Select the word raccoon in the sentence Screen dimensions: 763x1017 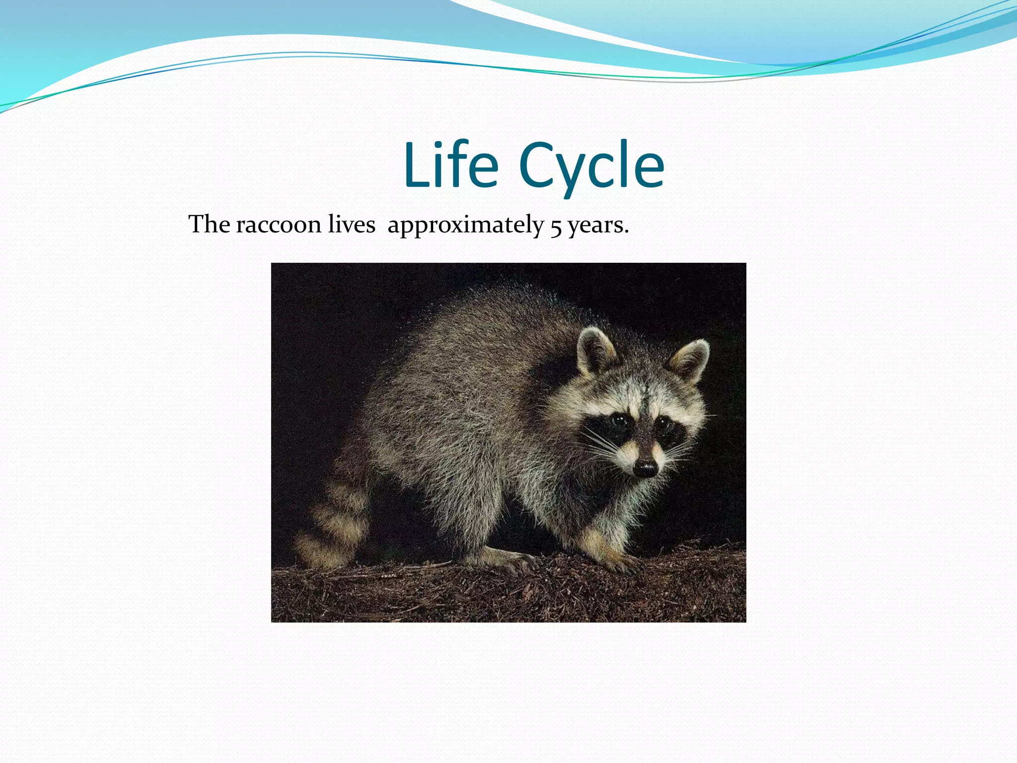coord(279,225)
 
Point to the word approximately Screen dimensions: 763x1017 coord(466,226)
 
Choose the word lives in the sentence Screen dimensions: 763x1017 coord(352,225)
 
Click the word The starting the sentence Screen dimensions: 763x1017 coord(209,225)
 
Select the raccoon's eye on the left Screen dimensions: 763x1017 coord(619,421)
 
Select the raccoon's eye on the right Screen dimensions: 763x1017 coord(663,424)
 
